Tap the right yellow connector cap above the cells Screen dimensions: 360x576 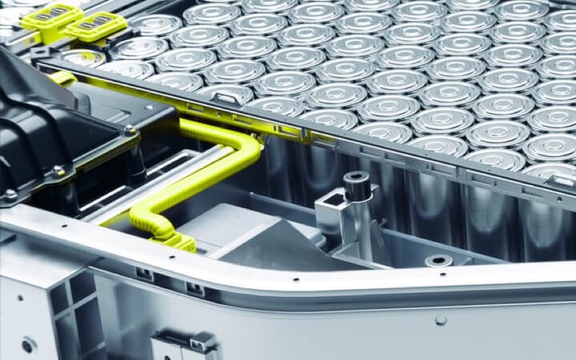tap(97, 27)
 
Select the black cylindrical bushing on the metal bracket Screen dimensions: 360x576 tap(356, 184)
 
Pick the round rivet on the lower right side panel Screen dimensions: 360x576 tap(441, 320)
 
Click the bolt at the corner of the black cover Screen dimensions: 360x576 tap(130, 130)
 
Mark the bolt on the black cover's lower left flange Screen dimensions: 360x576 tap(10, 194)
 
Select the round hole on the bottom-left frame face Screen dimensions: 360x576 tap(27, 345)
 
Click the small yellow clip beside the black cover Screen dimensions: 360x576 tap(63, 78)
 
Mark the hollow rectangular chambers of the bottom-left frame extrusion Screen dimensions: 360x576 tap(72, 302)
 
